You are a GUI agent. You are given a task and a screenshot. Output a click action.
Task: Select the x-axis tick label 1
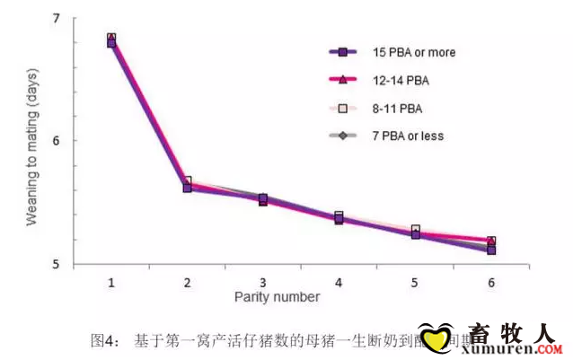click(x=111, y=282)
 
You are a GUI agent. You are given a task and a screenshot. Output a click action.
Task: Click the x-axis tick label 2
click(x=187, y=282)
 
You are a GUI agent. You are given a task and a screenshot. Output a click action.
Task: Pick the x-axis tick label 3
click(x=263, y=282)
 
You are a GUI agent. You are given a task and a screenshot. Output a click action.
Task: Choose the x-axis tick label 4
click(x=339, y=282)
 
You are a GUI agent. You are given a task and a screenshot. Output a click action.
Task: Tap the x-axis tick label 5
click(x=415, y=282)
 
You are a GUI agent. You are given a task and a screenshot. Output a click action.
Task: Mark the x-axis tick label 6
click(x=491, y=282)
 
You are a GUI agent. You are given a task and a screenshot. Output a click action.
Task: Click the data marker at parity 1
click(x=111, y=40)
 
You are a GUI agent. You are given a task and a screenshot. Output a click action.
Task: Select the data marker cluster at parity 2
click(x=187, y=185)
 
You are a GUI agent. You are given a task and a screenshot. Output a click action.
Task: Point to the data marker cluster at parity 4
click(x=339, y=217)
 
